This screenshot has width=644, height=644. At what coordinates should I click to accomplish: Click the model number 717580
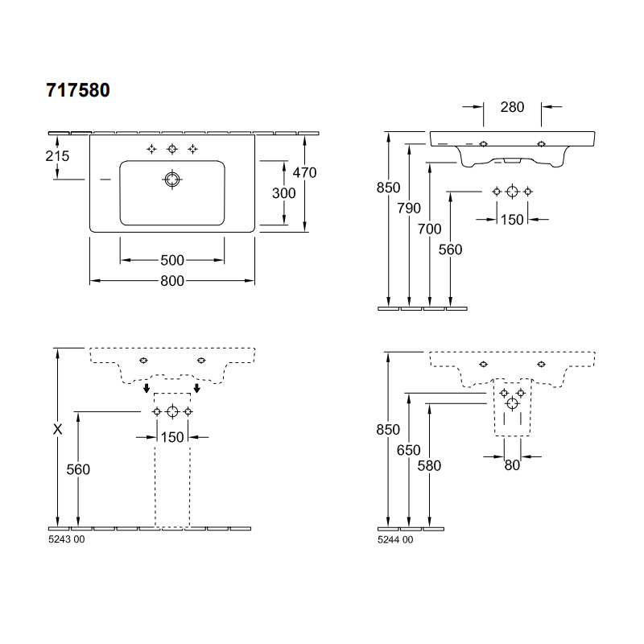78,90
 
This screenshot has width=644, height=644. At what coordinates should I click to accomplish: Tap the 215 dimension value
57,156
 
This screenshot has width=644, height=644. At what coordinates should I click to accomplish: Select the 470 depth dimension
304,172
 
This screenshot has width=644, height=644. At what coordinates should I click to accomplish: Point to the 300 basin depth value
284,193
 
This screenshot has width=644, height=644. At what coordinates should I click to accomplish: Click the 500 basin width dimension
172,260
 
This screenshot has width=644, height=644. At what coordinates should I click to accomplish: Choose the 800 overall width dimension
172,281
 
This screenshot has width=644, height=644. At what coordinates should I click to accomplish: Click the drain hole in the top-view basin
172,180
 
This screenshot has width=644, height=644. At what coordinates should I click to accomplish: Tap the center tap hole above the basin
172,149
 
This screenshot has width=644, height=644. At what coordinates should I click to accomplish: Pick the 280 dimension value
512,107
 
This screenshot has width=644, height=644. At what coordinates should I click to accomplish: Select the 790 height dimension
409,208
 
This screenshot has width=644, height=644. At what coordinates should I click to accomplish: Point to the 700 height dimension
430,229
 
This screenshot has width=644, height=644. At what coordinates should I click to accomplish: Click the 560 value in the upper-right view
450,250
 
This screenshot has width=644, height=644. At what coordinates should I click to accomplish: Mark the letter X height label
57,429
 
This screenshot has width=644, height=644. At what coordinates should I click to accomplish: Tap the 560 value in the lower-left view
78,469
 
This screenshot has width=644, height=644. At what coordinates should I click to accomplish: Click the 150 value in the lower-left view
172,437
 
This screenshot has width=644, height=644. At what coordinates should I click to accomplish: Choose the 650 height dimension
409,450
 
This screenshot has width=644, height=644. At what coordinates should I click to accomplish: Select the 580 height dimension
429,466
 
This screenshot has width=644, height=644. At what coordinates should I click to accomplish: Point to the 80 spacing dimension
512,465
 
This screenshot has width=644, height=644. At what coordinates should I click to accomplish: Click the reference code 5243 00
67,539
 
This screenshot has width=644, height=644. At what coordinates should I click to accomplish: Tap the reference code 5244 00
395,539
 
